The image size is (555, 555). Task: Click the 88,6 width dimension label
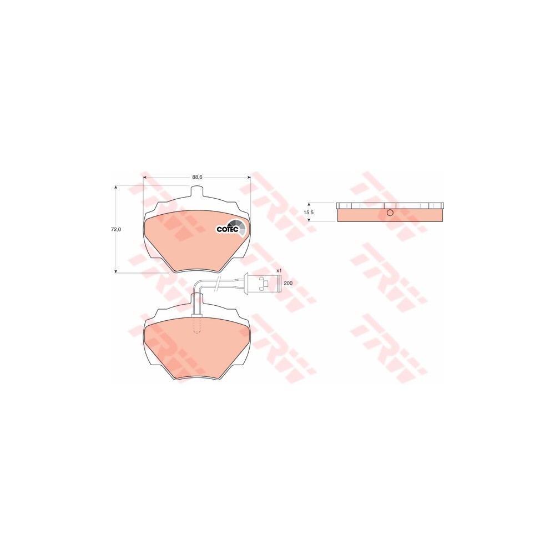pyautogui.click(x=197, y=177)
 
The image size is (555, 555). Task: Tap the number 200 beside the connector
pyautogui.click(x=287, y=283)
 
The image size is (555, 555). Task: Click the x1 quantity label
pyautogui.click(x=280, y=270)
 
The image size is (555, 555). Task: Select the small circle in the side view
pyautogui.click(x=390, y=213)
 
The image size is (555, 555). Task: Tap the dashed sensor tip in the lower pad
pyautogui.click(x=196, y=325)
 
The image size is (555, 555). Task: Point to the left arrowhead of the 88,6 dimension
pyautogui.click(x=145, y=177)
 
